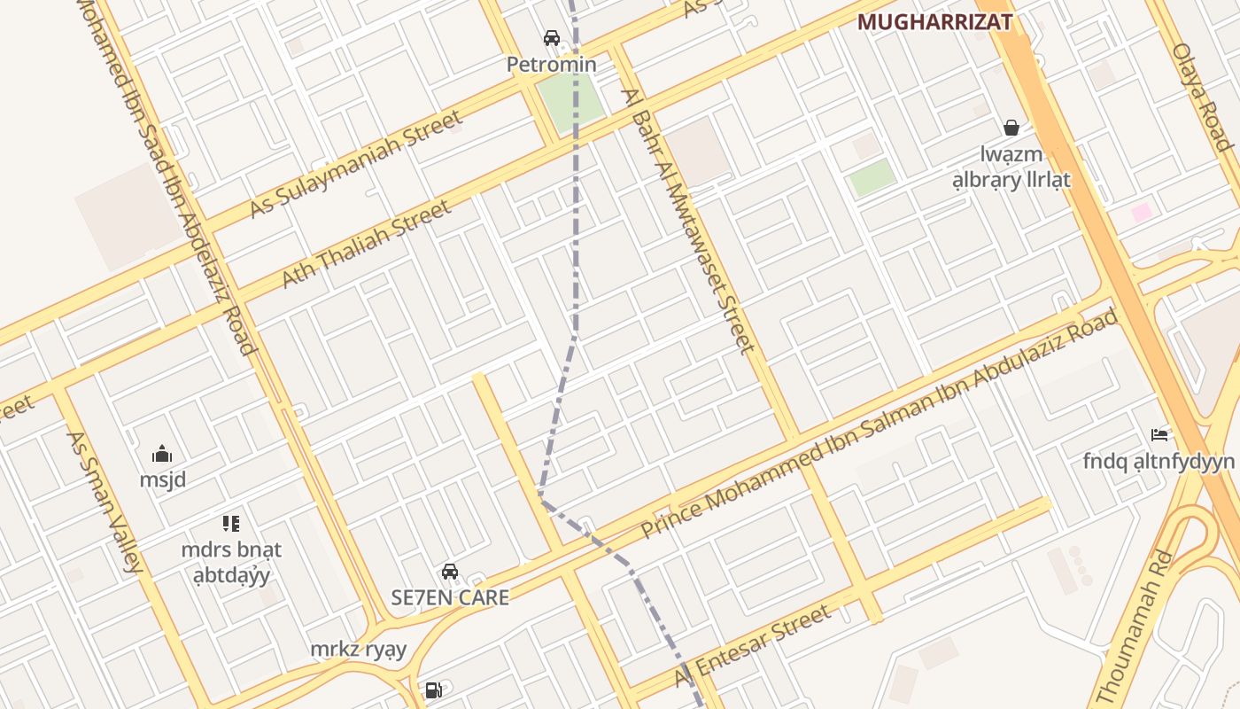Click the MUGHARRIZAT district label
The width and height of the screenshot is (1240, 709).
point(934,22)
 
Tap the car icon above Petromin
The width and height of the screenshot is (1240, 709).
point(552,38)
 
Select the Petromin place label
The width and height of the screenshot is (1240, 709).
point(551,65)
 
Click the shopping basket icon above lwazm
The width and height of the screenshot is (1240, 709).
point(1011,129)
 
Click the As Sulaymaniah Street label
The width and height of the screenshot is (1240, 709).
point(356,164)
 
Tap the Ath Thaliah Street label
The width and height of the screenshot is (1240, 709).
point(366,244)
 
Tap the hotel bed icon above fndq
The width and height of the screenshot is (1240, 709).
point(1159,435)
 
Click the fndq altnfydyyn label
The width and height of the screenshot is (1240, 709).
point(1159,461)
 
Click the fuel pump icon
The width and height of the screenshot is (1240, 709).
point(434,690)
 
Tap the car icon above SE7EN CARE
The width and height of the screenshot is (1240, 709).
point(450,572)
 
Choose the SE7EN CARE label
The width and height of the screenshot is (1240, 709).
point(450,597)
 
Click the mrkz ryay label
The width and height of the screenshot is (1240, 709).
point(358,650)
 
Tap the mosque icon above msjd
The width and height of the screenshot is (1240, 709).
point(162,455)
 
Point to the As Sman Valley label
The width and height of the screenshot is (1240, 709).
point(104,502)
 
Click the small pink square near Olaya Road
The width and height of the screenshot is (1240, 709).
point(1142,212)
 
